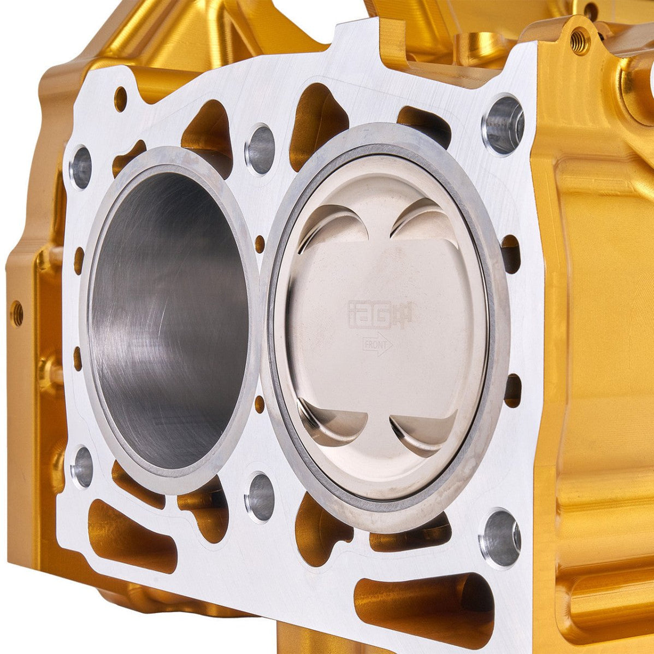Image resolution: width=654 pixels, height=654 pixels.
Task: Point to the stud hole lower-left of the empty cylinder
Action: [82, 467]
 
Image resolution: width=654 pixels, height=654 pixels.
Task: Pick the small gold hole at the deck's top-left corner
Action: [120, 99]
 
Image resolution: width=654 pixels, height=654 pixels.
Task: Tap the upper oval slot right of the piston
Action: [511, 254]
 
